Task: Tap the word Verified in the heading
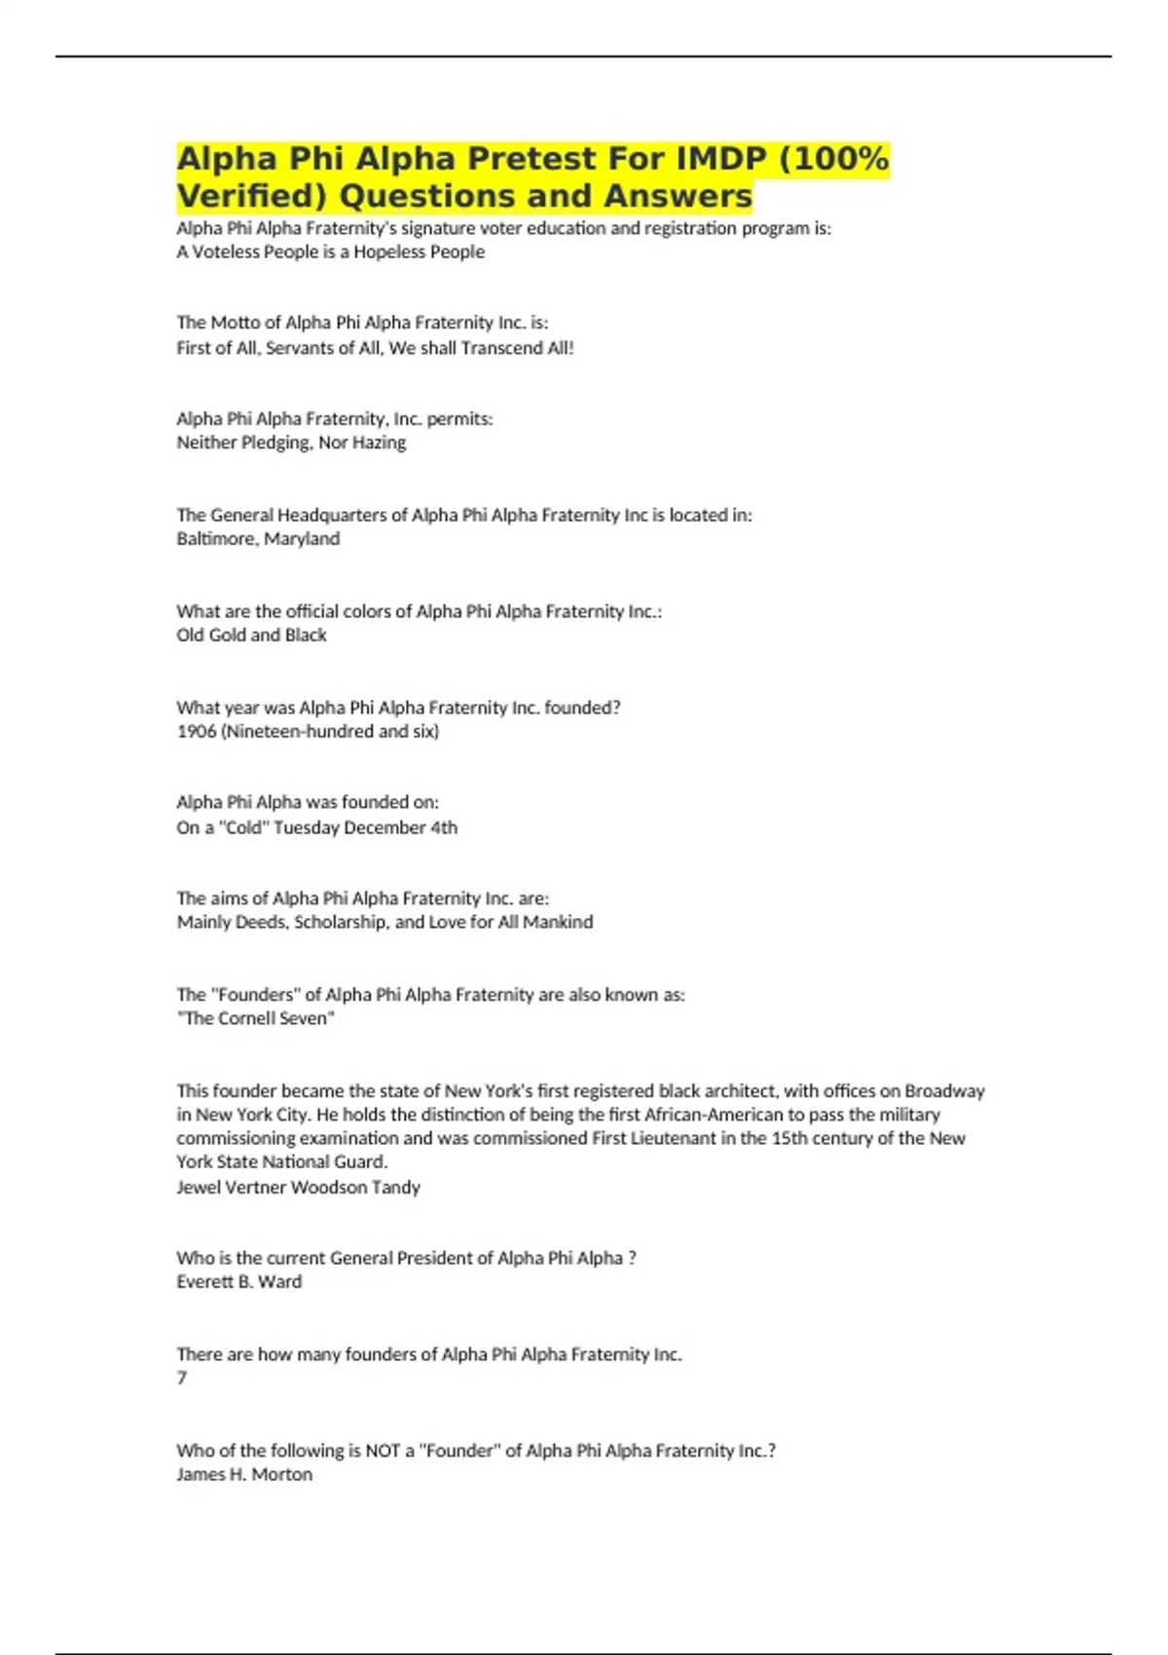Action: click(252, 197)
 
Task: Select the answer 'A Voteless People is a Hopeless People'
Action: click(330, 252)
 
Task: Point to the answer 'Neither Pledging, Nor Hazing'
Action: click(291, 443)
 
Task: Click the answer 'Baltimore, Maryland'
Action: click(258, 538)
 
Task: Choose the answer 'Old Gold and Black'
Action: click(251, 635)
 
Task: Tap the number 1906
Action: click(197, 731)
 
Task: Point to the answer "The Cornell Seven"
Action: click(255, 1018)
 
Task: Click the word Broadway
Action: click(944, 1091)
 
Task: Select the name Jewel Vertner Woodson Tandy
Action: click(298, 1188)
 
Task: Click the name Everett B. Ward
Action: click(238, 1282)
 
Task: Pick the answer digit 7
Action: click(182, 1378)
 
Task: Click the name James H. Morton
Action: click(244, 1475)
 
